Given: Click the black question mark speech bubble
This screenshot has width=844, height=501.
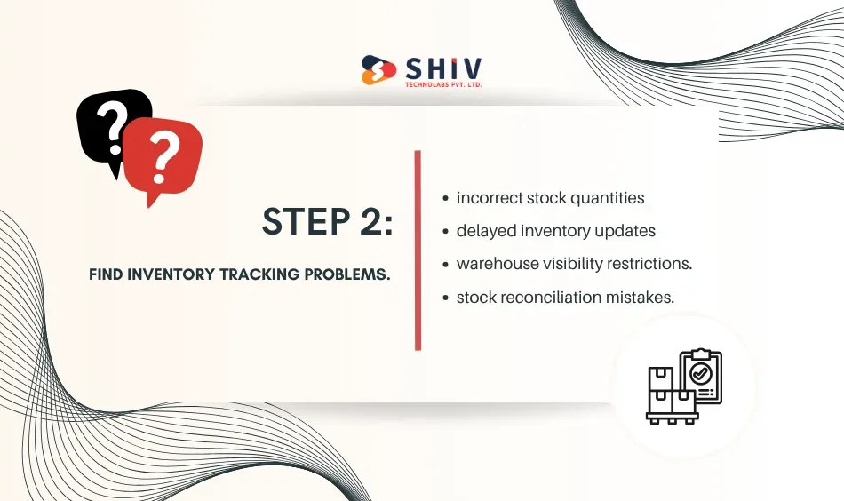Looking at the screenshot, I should [111, 124].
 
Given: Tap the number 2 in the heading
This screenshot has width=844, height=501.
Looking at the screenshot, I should [372, 223].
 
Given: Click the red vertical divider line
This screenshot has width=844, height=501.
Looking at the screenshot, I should [418, 250].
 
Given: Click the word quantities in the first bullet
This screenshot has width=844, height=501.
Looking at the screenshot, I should [605, 199].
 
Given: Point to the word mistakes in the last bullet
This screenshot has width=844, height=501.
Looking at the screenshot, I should [641, 298].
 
